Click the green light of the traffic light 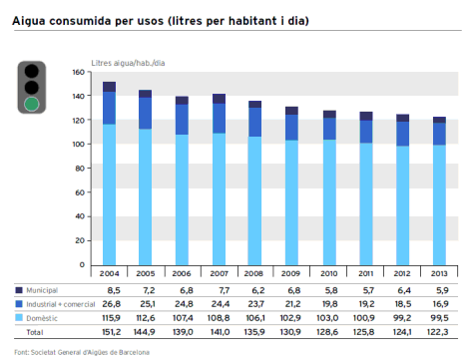pyautogui.click(x=33, y=103)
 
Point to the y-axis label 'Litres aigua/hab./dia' pyautogui.click(x=126, y=62)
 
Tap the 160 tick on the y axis pyautogui.click(x=81, y=73)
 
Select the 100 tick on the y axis pyautogui.click(x=81, y=145)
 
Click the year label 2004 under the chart pyautogui.click(x=109, y=271)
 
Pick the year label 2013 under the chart pyautogui.click(x=439, y=271)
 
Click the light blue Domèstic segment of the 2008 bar pyautogui.click(x=255, y=199)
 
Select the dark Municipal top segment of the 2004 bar pyautogui.click(x=109, y=87)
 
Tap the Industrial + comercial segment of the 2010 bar pyautogui.click(x=329, y=129)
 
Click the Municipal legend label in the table pyautogui.click(x=41, y=288)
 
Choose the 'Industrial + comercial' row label pyautogui.click(x=55, y=301)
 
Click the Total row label pyautogui.click(x=35, y=329)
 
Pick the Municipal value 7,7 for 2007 pyautogui.click(x=220, y=288)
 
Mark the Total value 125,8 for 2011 pyautogui.click(x=365, y=329)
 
